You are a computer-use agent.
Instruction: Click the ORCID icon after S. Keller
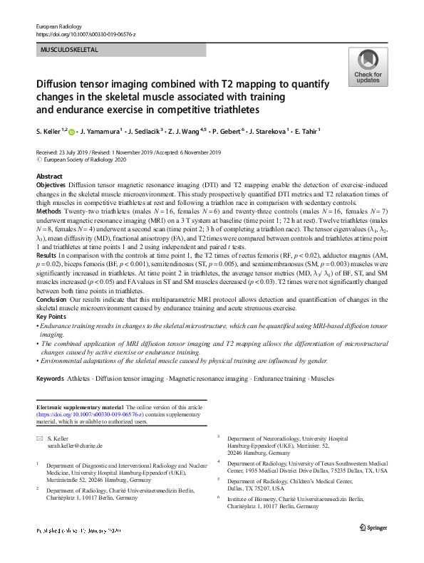[71, 131]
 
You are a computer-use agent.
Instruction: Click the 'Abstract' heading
[49, 176]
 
